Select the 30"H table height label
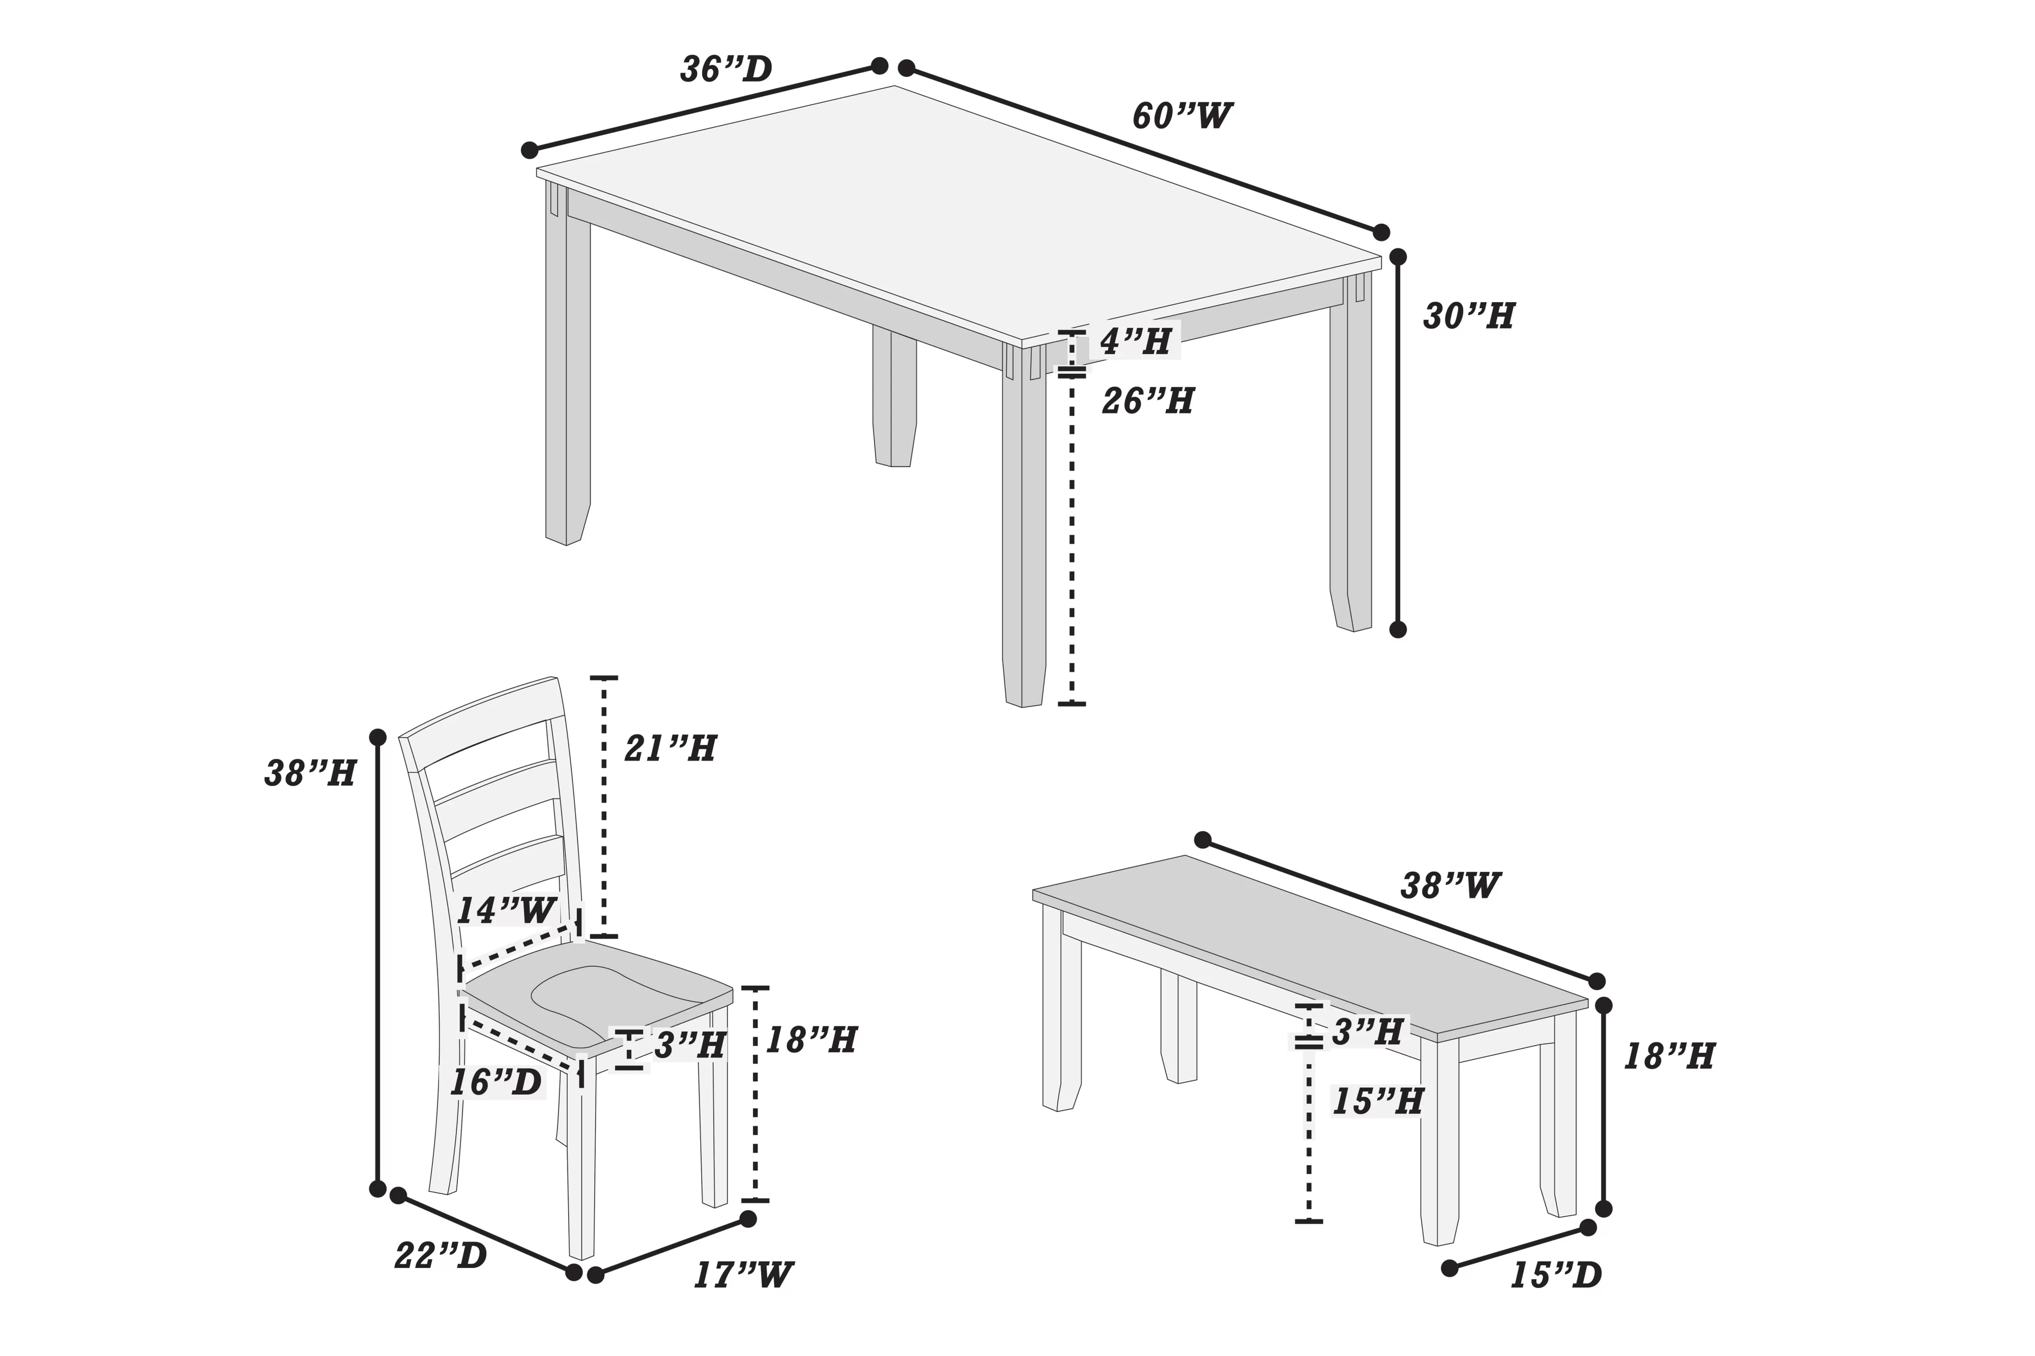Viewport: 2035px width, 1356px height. pyautogui.click(x=1469, y=316)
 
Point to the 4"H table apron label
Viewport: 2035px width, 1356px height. pyautogui.click(x=1136, y=342)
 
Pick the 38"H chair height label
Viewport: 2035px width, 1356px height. pyautogui.click(x=310, y=773)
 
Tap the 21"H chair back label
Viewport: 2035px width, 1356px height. pyautogui.click(x=670, y=748)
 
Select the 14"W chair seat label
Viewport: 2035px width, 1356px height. pyautogui.click(x=506, y=910)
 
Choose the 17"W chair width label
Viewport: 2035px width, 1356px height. pyautogui.click(x=743, y=1275)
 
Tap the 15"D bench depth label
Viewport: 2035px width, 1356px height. pyautogui.click(x=1555, y=1276)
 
